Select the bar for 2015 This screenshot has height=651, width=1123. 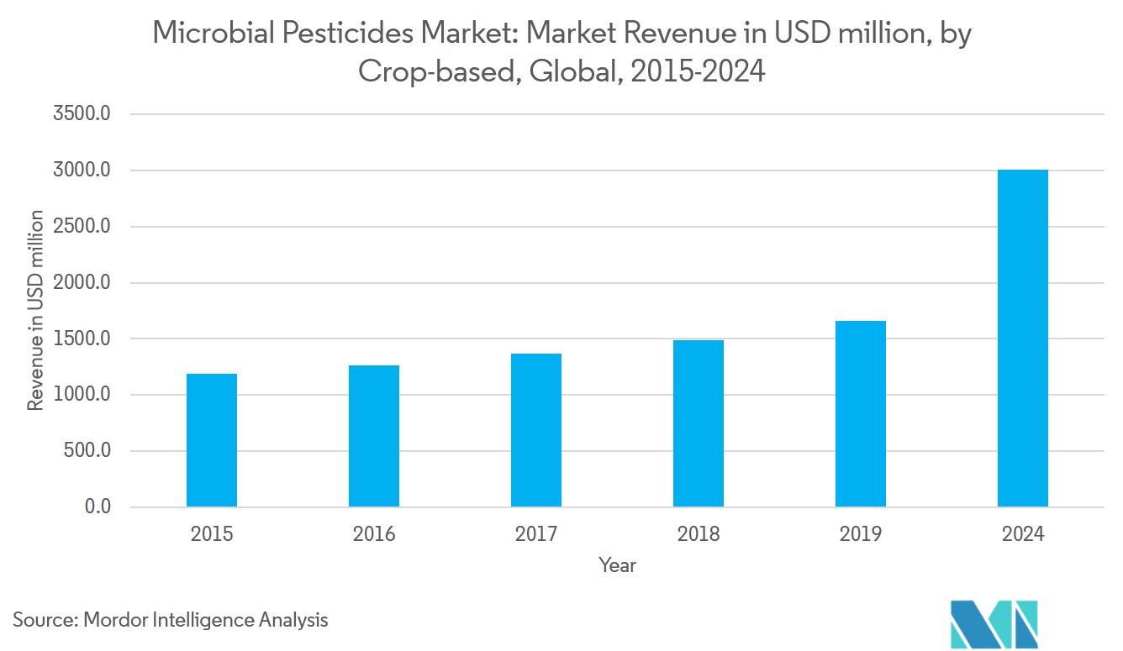tap(212, 440)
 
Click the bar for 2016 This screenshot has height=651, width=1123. tap(374, 436)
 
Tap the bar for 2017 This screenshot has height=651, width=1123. tap(536, 430)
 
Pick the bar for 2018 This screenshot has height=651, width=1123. tap(699, 423)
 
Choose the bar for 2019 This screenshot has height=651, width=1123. tap(861, 414)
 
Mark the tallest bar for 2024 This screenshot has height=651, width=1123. tap(1023, 339)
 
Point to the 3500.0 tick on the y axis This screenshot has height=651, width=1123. tap(82, 114)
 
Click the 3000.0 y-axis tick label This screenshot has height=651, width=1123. tap(82, 171)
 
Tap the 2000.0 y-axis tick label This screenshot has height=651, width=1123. tap(82, 283)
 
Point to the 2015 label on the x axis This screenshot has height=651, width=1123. tap(212, 534)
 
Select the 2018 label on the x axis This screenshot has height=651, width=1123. tap(699, 534)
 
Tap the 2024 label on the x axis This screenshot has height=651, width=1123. tap(1023, 534)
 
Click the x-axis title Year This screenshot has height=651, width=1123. tap(617, 565)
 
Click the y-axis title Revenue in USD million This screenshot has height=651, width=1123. tap(35, 311)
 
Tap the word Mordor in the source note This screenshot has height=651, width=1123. tap(115, 621)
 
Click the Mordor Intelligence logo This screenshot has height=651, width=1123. tap(994, 623)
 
